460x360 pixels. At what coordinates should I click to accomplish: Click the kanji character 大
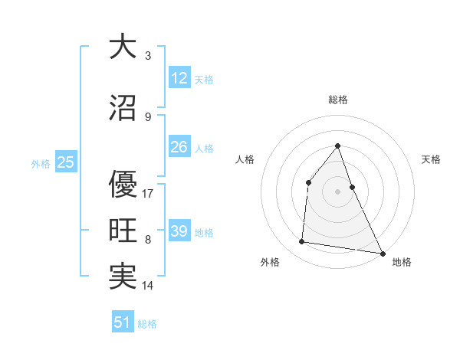coord(123,47)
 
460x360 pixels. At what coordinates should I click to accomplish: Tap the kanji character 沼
coord(123,109)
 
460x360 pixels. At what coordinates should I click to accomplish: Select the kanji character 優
coord(123,183)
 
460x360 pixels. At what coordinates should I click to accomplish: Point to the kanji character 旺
coord(123,231)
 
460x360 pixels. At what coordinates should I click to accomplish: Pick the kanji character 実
coord(123,277)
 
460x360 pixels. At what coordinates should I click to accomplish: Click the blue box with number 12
coord(179,78)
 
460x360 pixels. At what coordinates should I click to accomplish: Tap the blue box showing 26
coord(179,147)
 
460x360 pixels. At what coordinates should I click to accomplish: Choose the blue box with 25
coord(65,162)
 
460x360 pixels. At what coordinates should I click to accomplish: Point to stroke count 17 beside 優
coord(148,193)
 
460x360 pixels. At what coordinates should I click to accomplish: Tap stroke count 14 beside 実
coord(148,286)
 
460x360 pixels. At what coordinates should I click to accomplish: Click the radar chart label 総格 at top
coord(338,100)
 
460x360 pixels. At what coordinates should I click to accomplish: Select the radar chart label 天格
coord(432,159)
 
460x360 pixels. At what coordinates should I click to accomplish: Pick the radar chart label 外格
coord(270,262)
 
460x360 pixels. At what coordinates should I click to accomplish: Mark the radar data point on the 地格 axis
coord(382,253)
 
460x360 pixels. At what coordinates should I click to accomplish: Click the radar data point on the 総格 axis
coord(337,146)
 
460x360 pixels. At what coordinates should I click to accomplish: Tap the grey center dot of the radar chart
coord(337,191)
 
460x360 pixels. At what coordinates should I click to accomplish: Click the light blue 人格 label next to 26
coord(204,148)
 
